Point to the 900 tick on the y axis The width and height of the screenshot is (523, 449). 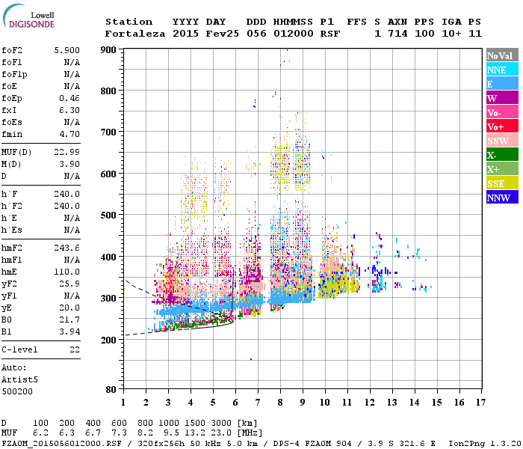pyautogui.click(x=109, y=50)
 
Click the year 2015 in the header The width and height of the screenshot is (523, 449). pyautogui.click(x=185, y=34)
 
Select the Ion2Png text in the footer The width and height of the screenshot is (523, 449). pyautogui.click(x=468, y=442)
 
